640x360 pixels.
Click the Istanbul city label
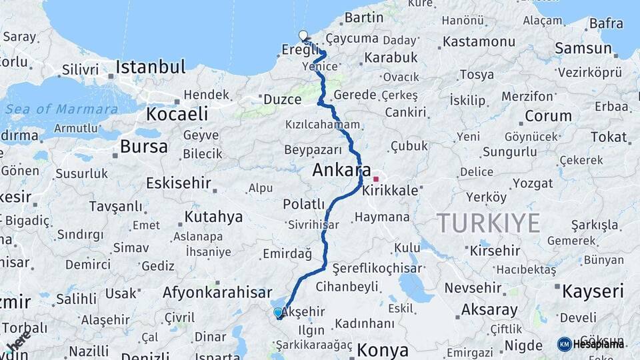pyautogui.click(x=150, y=67)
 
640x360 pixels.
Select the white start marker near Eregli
pyautogui.click(x=303, y=36)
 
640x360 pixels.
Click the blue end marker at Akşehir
pyautogui.click(x=278, y=313)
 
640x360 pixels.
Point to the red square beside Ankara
pyautogui.click(x=376, y=179)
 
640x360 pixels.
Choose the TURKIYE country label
pyautogui.click(x=488, y=223)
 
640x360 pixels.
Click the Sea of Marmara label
pyautogui.click(x=61, y=109)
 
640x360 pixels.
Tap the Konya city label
pyautogui.click(x=382, y=350)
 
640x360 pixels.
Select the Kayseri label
pyautogui.click(x=593, y=291)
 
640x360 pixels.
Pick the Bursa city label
pyautogui.click(x=143, y=147)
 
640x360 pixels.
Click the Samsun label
pyautogui.click(x=583, y=48)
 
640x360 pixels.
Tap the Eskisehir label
pyautogui.click(x=179, y=182)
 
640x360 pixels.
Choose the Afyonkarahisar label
pyautogui.click(x=217, y=293)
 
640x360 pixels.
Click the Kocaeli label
pyautogui.click(x=177, y=114)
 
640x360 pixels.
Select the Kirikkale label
pyautogui.click(x=390, y=191)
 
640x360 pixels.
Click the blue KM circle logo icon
pyautogui.click(x=565, y=344)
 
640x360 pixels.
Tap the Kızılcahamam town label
pyautogui.click(x=323, y=125)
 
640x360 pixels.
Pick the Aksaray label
pyautogui.click(x=489, y=310)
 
